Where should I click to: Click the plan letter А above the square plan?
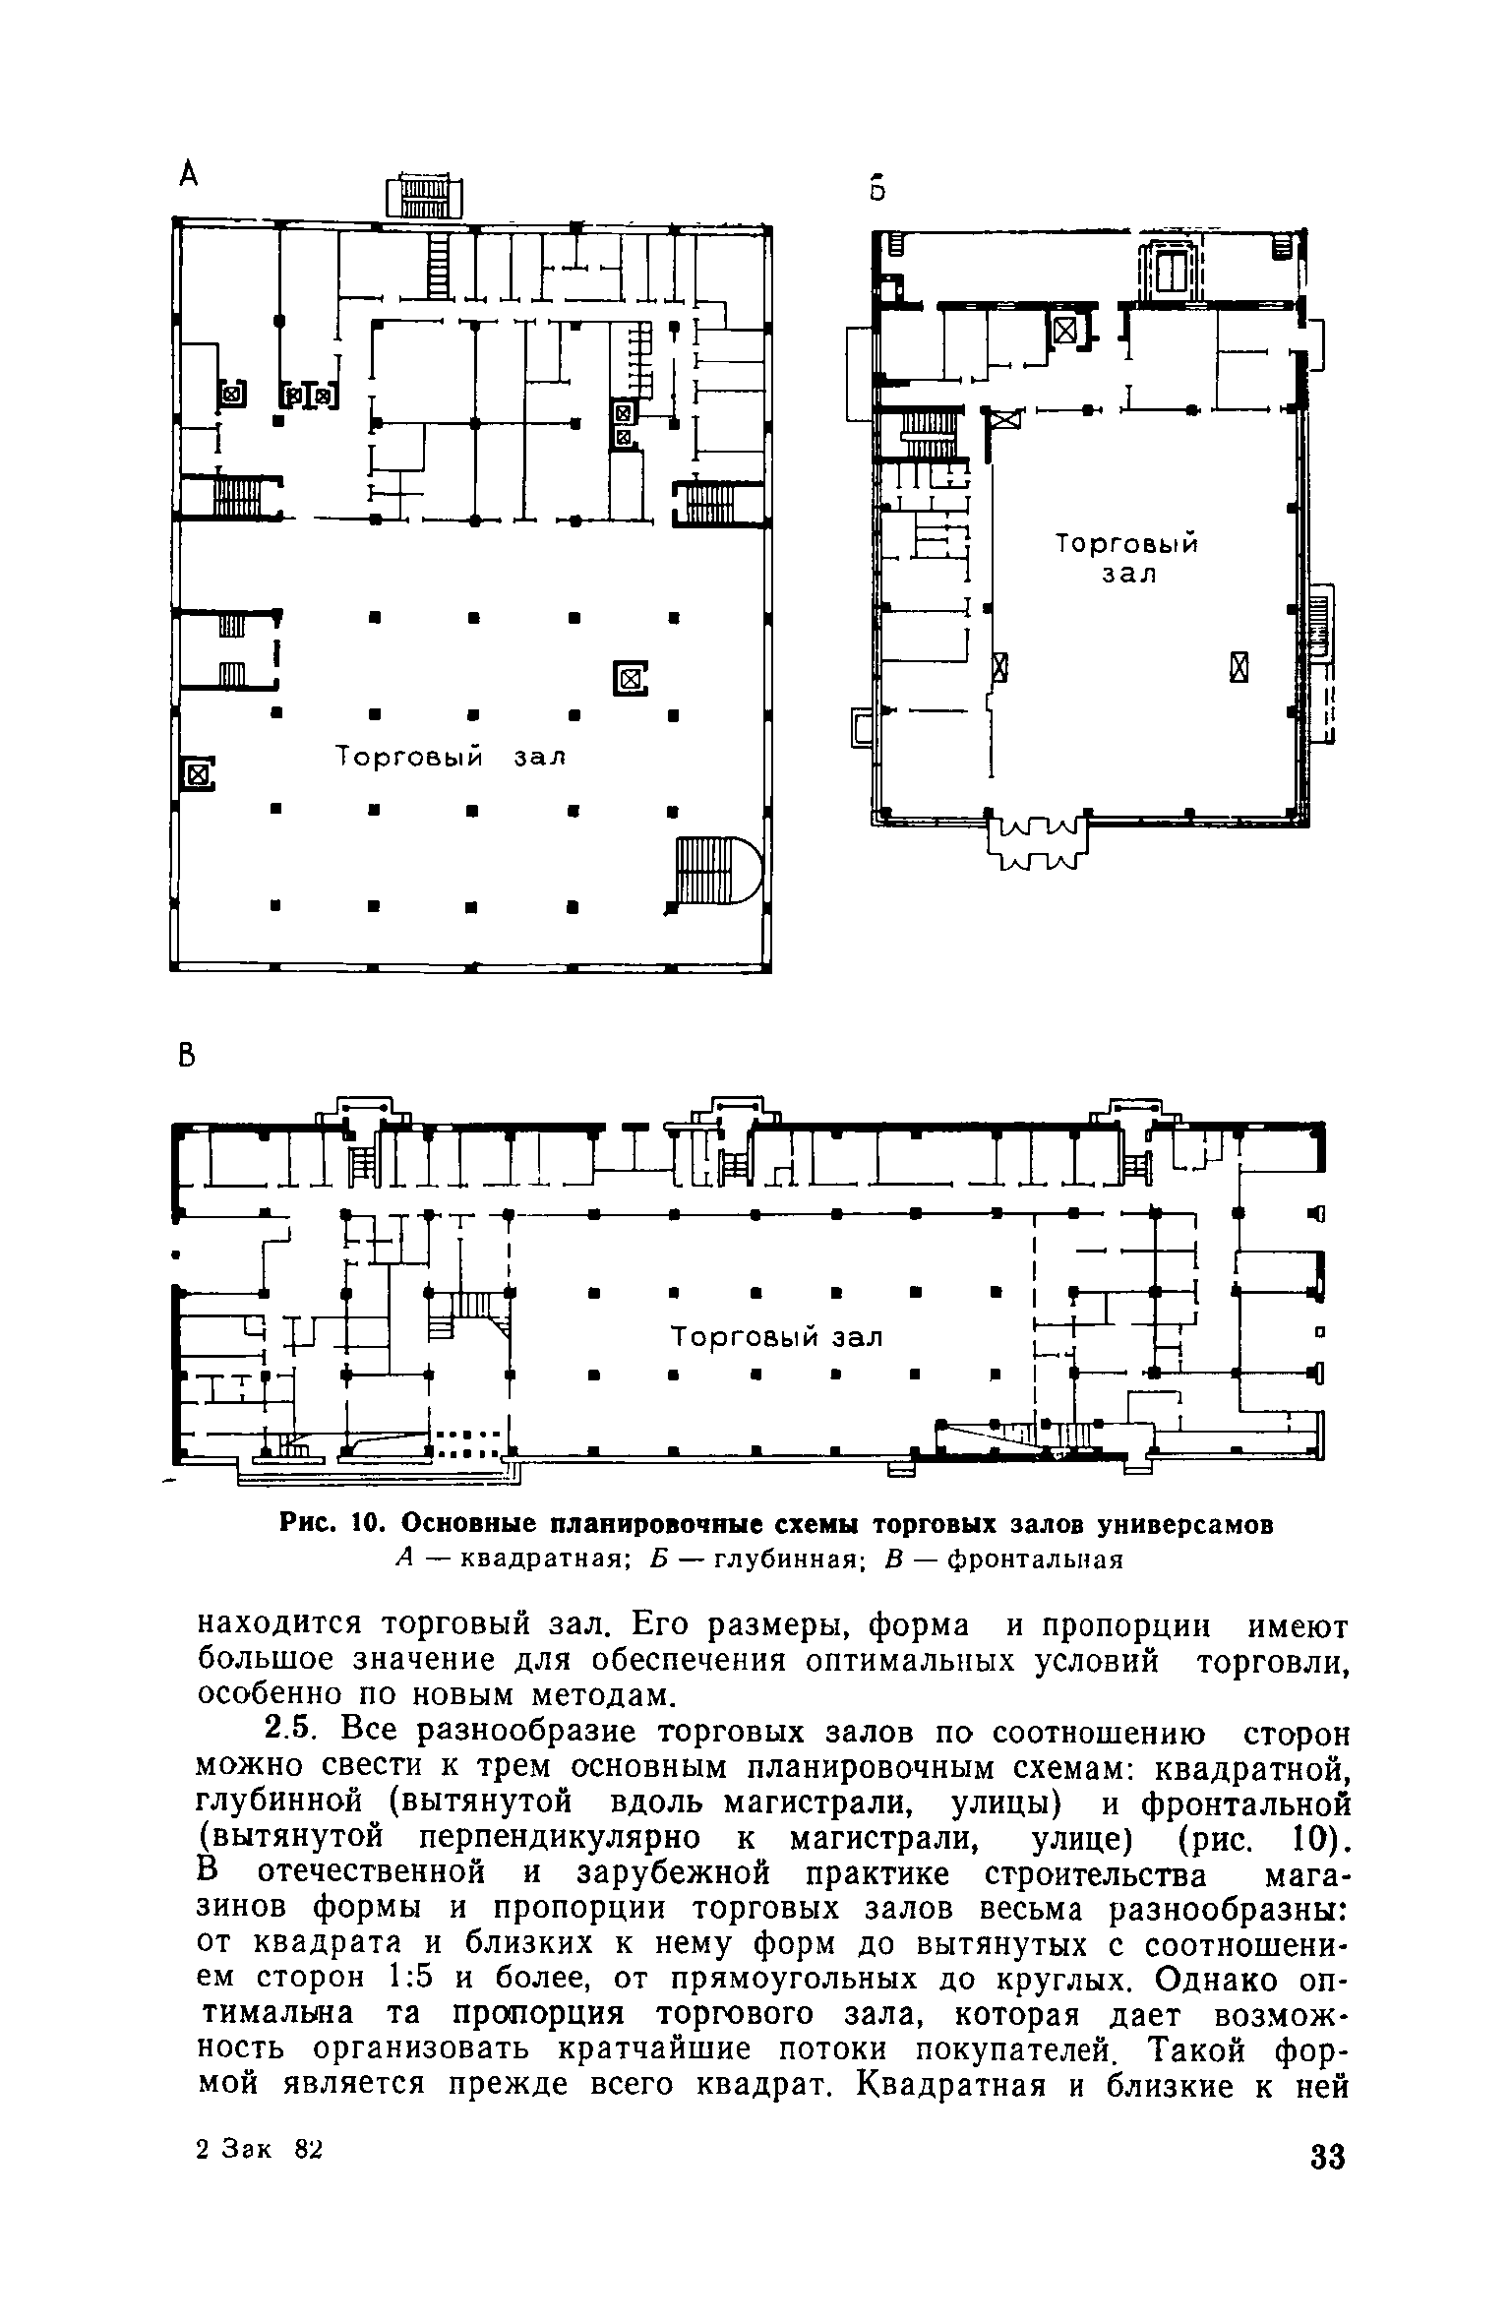tap(189, 175)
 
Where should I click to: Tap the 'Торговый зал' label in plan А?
tap(452, 757)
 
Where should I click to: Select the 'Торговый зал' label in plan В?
tap(776, 1337)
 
